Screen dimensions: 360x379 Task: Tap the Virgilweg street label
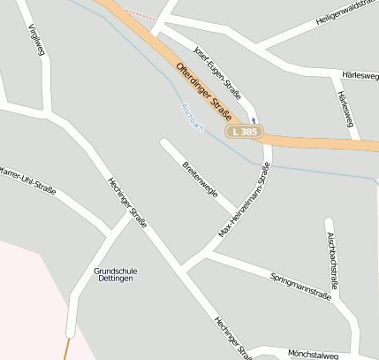coord(36,40)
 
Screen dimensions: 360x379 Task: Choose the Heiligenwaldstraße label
coord(346,18)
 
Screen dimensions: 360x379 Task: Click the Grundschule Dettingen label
coord(116,275)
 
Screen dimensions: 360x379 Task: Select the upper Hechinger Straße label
coord(127,203)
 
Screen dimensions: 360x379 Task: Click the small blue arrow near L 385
coord(254,120)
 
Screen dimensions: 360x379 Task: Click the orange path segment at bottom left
coord(65,349)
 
